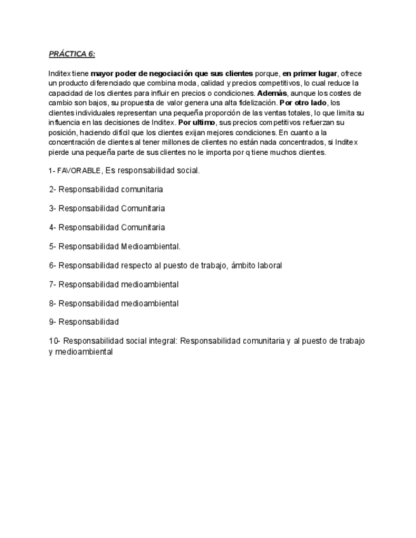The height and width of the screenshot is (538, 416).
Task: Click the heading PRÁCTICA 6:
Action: [x=72, y=54]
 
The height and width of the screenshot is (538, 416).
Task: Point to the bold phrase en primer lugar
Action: [x=309, y=74]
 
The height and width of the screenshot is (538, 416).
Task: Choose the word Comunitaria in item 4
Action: [x=143, y=227]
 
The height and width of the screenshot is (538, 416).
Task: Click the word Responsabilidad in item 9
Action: [x=88, y=322]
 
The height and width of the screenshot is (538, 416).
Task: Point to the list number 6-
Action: [x=53, y=265]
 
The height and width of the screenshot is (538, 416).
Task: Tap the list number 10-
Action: [x=55, y=341]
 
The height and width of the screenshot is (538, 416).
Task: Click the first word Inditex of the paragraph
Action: [x=60, y=74]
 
